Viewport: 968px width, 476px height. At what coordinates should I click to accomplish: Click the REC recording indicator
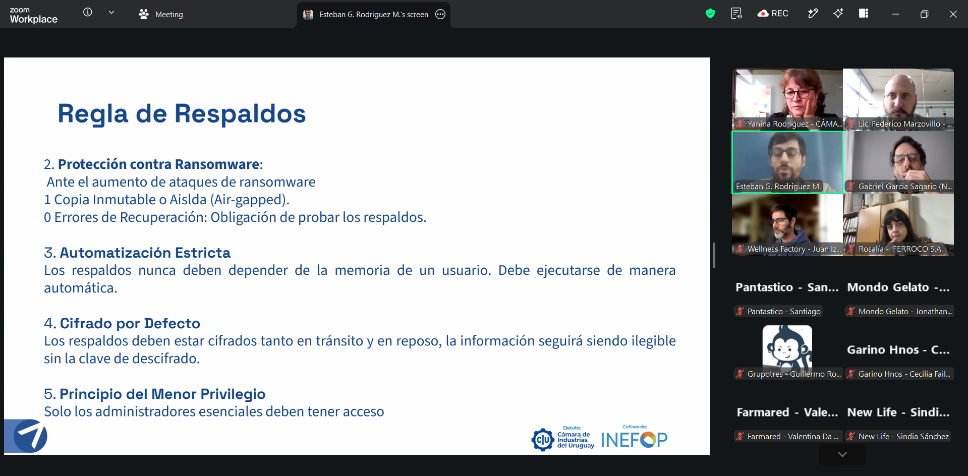(x=773, y=14)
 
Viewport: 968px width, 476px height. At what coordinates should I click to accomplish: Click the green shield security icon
(x=710, y=14)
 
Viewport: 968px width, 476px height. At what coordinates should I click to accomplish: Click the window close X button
(x=953, y=14)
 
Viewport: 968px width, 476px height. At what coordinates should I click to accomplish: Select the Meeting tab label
(x=169, y=15)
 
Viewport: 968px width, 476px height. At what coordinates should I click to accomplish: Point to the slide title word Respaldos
(x=240, y=113)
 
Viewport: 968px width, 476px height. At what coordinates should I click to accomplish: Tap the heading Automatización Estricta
(x=145, y=253)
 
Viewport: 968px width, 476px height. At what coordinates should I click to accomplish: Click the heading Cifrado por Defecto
(x=130, y=323)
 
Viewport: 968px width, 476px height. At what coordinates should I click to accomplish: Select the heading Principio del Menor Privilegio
(x=162, y=394)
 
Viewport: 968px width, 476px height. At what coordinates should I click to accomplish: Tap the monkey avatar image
(x=787, y=348)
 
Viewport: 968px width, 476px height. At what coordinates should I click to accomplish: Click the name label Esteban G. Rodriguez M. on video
(x=778, y=187)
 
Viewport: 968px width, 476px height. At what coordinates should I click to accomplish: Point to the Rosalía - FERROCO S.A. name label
(x=900, y=249)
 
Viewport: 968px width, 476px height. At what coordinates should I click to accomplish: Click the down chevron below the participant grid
(x=842, y=454)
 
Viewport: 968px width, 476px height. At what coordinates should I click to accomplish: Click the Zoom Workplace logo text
(x=33, y=16)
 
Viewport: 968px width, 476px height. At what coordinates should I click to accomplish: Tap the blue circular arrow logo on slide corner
(x=30, y=436)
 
